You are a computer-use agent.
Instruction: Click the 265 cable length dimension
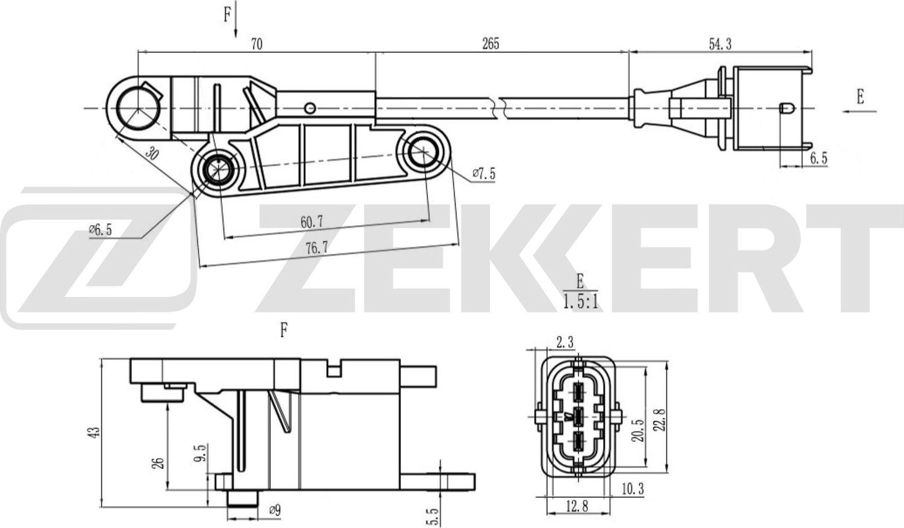tap(491, 43)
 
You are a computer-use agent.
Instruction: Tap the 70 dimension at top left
tap(256, 44)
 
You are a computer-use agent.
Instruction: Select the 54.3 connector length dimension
tap(720, 43)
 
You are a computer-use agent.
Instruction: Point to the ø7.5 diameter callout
tap(483, 174)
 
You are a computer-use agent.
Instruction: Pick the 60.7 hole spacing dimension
tap(312, 222)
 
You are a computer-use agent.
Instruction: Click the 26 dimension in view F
tap(159, 462)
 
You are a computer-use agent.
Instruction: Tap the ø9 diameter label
tap(274, 511)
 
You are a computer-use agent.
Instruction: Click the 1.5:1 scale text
tap(580, 302)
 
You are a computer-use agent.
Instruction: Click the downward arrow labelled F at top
tap(236, 21)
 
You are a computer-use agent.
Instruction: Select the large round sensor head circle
tap(137, 108)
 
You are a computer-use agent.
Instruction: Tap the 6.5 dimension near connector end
tap(818, 158)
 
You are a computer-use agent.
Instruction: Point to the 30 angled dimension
tap(152, 154)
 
